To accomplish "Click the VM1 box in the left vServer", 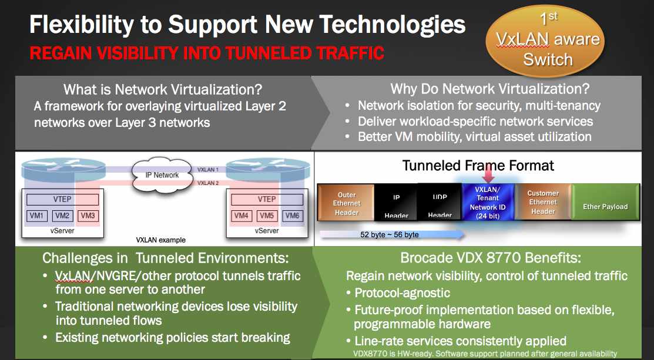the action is (36, 216).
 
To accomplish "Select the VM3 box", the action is (88, 216).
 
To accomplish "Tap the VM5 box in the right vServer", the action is (267, 216).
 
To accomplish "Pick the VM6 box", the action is (293, 216).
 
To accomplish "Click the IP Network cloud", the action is (163, 175).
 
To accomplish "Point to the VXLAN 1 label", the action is (207, 170).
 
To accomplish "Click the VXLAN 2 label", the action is (207, 183).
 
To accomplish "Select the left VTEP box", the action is (62, 199).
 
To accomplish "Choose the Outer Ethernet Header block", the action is (346, 203).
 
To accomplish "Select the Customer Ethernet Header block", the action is (542, 203).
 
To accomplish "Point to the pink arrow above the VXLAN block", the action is (488, 173).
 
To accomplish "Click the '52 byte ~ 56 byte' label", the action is (389, 235).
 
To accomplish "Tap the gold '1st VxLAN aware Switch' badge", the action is (545, 41).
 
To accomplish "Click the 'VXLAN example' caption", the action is (160, 240).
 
